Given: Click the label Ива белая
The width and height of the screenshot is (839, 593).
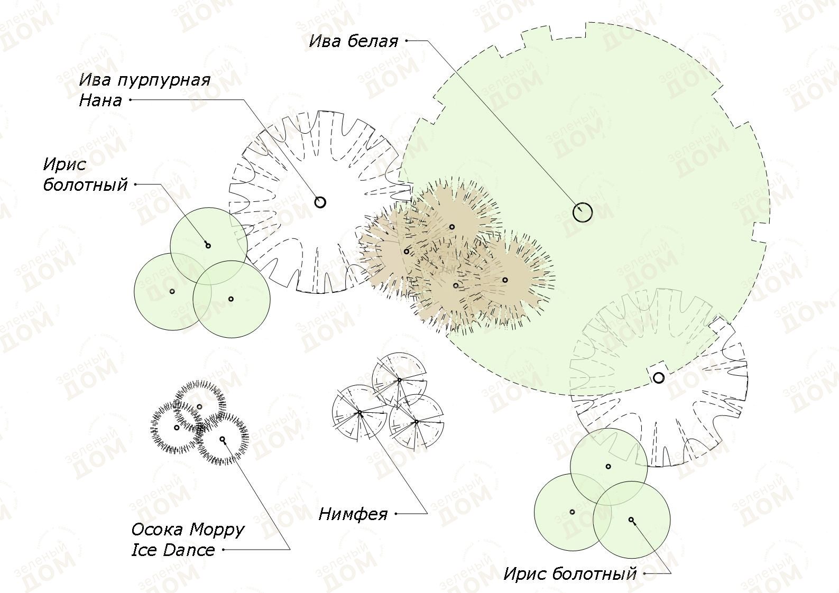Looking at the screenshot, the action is click(x=353, y=41).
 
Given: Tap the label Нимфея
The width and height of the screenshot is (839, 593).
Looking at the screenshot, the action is click(x=353, y=514).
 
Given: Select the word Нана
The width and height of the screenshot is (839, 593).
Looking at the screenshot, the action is click(x=100, y=100).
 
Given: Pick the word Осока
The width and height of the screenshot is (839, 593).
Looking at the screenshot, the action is click(x=157, y=530).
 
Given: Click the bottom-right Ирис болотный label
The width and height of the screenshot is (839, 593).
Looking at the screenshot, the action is click(x=570, y=585).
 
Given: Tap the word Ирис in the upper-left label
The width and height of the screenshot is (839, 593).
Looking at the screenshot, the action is click(x=64, y=165).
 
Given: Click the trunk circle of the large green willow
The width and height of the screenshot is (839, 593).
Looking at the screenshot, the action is click(x=583, y=212).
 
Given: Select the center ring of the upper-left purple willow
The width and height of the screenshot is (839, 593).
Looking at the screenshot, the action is click(x=320, y=202).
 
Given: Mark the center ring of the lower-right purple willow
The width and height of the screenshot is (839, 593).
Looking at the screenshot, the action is click(x=659, y=378).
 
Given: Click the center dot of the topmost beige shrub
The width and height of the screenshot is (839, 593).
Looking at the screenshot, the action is click(x=451, y=227).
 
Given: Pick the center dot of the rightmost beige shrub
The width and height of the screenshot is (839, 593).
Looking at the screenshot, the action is click(x=505, y=280).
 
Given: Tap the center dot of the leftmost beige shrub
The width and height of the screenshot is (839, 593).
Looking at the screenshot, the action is click(x=407, y=252).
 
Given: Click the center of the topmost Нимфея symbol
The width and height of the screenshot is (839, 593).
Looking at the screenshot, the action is click(x=399, y=380).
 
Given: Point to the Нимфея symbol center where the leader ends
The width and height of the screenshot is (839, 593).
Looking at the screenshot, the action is click(x=359, y=413).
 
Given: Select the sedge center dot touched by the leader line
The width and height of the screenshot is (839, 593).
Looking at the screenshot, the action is click(x=223, y=439).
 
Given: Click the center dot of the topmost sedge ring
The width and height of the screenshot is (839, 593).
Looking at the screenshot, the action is click(x=200, y=406).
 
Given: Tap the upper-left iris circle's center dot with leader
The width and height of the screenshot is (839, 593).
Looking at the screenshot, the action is click(x=208, y=246).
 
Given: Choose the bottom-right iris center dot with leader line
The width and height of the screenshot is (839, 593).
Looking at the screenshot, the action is click(x=631, y=520).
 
